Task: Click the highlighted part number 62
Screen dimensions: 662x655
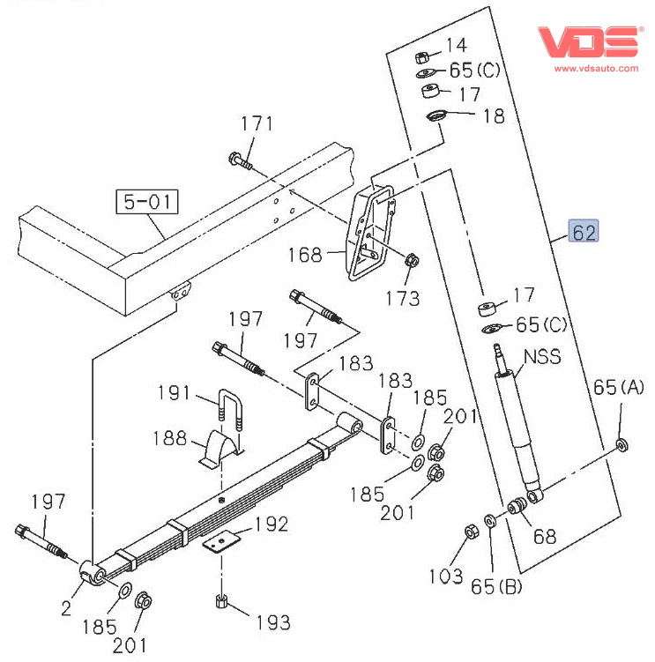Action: click(584, 232)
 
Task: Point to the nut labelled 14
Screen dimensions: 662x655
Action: click(423, 56)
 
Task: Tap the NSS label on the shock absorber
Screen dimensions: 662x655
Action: click(542, 357)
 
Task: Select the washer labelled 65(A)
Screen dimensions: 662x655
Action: click(622, 443)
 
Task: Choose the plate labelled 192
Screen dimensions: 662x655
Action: click(223, 540)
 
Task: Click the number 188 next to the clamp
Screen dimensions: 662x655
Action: click(169, 438)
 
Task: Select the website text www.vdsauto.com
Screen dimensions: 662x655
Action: click(596, 67)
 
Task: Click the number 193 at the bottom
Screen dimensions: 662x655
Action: click(272, 623)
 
